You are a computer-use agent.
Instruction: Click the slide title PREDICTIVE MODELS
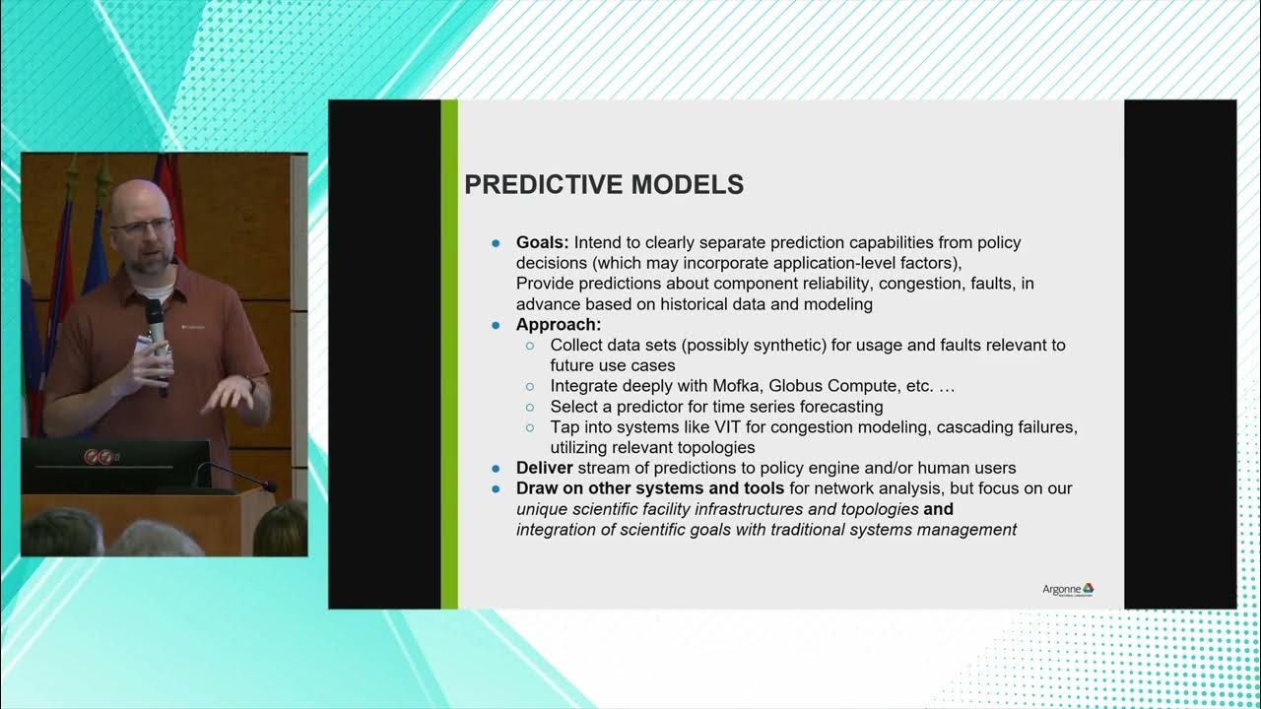(x=603, y=185)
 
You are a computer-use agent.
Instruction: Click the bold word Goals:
(x=543, y=242)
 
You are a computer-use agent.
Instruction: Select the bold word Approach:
(x=559, y=325)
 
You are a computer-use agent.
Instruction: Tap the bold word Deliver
(x=545, y=468)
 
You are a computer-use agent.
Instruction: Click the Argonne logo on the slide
(x=1068, y=589)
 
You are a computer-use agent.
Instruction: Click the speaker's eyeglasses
(x=140, y=226)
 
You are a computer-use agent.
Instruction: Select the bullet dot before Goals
(x=496, y=243)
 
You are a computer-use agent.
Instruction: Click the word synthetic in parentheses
(x=767, y=345)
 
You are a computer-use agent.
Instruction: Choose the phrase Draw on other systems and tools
(x=650, y=488)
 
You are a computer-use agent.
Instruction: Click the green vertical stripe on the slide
(x=449, y=354)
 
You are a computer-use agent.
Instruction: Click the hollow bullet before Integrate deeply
(x=530, y=387)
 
